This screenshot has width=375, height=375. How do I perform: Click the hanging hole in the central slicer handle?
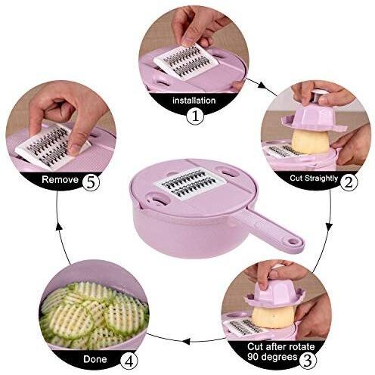291,242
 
